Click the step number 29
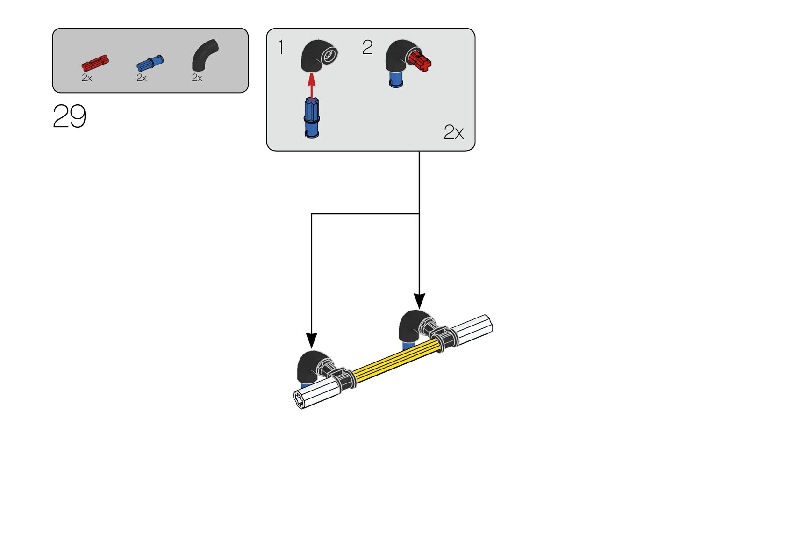coord(69,116)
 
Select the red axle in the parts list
coord(95,62)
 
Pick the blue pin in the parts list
coord(150,63)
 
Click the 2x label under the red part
coord(87,78)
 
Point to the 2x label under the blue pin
coord(142,78)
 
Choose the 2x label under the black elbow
coord(197,78)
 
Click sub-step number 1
coord(280,47)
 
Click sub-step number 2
coord(367,47)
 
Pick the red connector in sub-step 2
coord(420,61)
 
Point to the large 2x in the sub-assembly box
coord(453,132)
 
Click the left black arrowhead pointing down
coord(311,340)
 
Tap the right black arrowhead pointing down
coord(419,300)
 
